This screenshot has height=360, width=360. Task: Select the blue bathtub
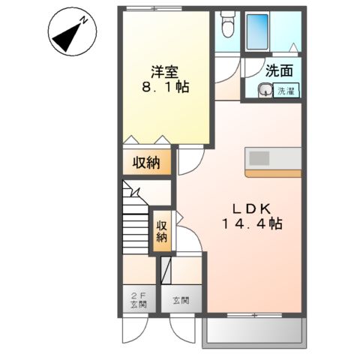tap(259, 30)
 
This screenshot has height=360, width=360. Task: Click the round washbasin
tap(264, 91)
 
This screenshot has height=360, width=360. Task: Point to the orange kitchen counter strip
tap(273, 172)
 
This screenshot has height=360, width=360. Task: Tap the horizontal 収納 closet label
tap(147, 163)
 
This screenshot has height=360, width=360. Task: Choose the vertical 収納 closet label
tap(161, 232)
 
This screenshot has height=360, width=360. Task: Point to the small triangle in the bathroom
tap(294, 47)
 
